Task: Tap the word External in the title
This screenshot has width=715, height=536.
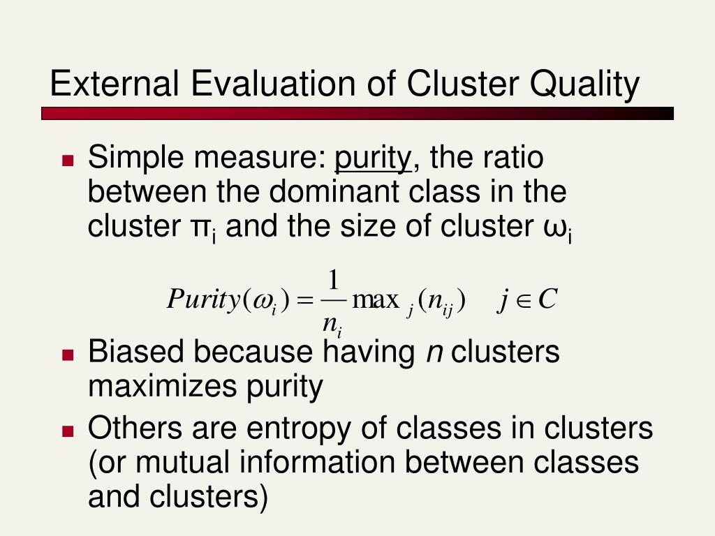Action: click(x=115, y=83)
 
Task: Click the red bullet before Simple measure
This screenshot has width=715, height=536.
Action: click(x=68, y=161)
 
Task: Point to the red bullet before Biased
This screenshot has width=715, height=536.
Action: click(x=68, y=355)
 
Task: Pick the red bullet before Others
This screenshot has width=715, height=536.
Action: click(x=68, y=431)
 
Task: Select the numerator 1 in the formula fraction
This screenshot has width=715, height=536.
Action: click(x=334, y=280)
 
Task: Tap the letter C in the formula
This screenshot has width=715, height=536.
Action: click(x=547, y=299)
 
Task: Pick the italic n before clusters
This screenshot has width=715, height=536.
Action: click(x=434, y=354)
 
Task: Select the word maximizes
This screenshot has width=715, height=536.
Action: click(x=163, y=386)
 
